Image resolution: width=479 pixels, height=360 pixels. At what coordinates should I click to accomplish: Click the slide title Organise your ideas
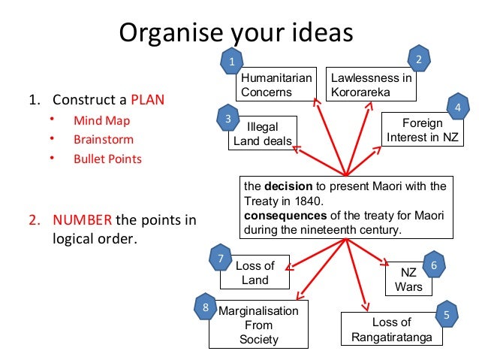[236, 34]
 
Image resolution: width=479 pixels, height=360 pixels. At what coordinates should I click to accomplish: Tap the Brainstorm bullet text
[104, 139]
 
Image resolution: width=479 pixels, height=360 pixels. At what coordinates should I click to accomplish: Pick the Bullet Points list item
[107, 159]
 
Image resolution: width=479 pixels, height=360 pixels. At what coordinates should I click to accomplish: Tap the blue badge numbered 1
[233, 61]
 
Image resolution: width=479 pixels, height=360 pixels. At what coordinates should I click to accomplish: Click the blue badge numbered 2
[419, 59]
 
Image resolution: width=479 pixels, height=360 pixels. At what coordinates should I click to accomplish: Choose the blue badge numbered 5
[447, 316]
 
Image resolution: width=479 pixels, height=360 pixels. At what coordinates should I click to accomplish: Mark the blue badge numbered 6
[434, 265]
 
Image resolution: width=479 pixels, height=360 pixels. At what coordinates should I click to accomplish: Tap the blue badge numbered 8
[206, 307]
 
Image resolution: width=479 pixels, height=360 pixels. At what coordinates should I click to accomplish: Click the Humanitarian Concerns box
[274, 86]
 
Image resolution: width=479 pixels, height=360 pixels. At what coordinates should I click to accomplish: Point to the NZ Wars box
[410, 279]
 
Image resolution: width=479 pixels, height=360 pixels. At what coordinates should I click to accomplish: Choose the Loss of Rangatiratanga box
[391, 330]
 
